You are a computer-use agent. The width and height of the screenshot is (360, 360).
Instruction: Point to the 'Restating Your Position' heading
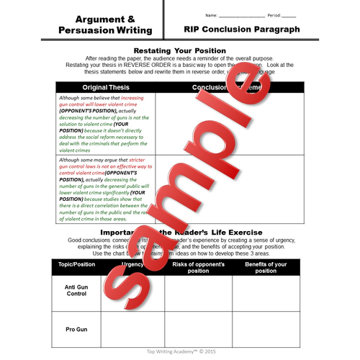pos(179,50)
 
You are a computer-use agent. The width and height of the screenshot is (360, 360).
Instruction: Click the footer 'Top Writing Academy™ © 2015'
pos(179,353)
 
